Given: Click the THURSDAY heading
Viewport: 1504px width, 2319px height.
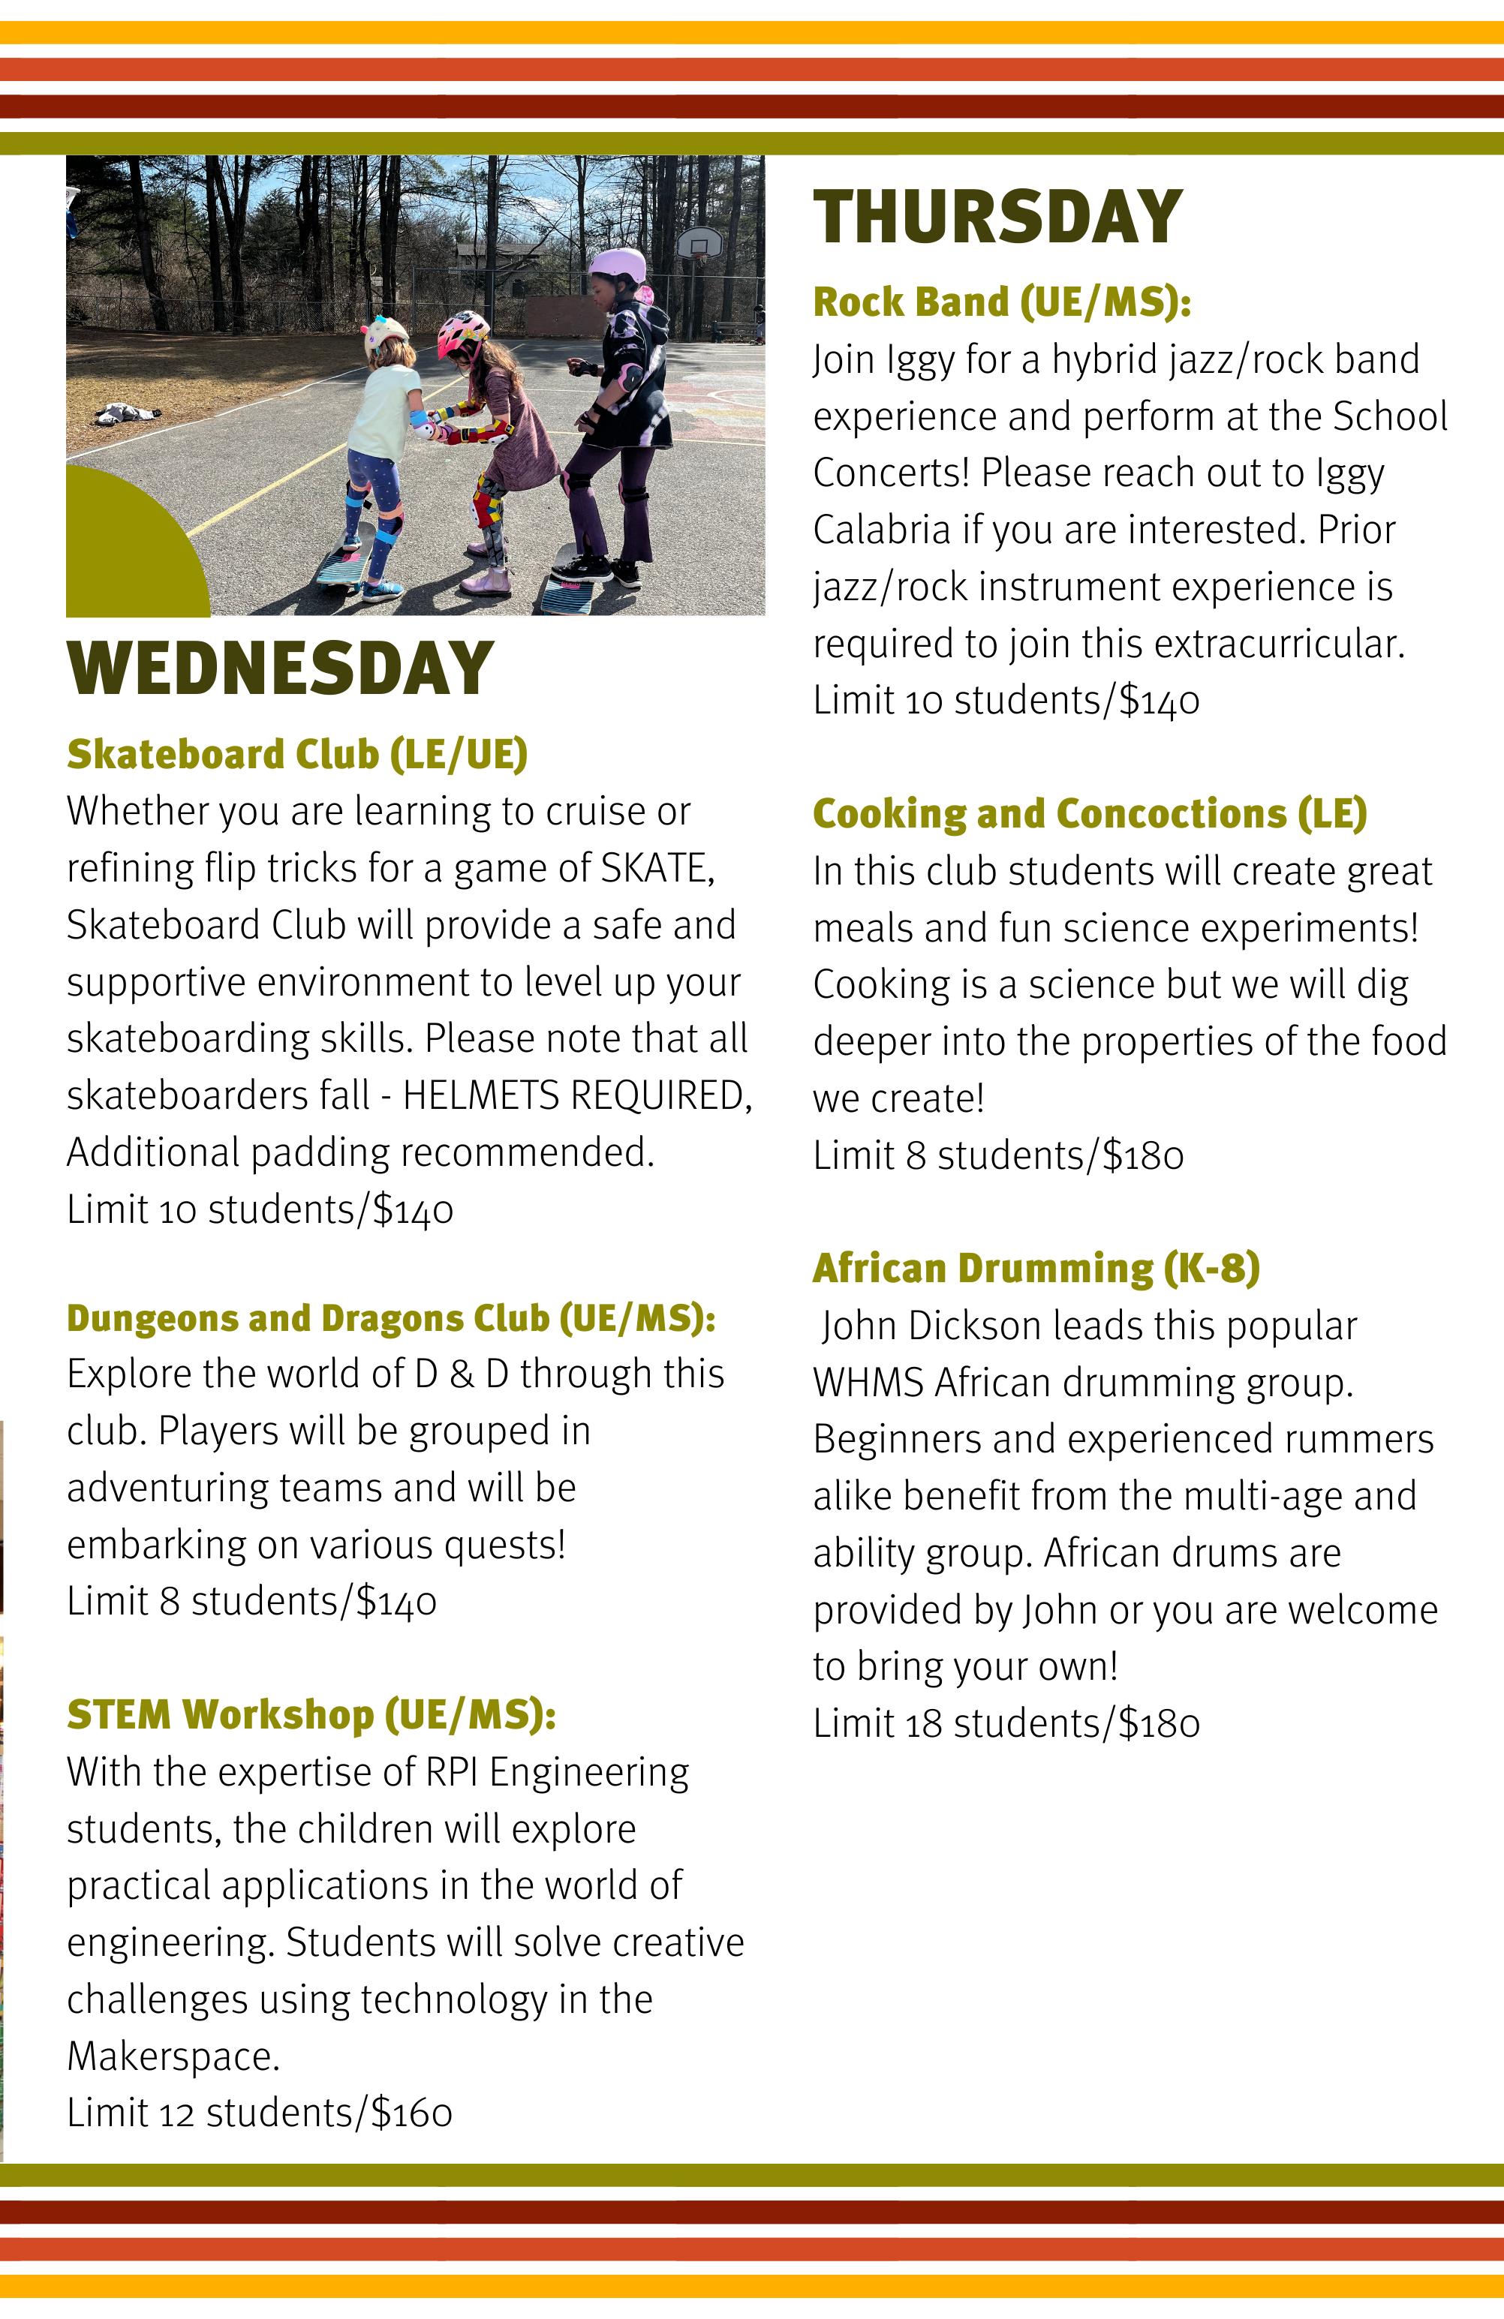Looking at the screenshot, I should click(997, 218).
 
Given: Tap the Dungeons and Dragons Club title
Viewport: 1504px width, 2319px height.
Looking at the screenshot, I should click(391, 1317).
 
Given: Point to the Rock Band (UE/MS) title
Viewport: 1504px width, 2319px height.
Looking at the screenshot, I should click(1001, 302).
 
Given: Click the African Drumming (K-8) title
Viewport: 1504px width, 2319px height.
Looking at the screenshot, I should click(1035, 1268).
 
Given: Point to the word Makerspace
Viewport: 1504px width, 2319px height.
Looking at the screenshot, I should click(173, 2056).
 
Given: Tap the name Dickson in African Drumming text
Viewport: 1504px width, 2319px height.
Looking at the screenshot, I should click(966, 1326).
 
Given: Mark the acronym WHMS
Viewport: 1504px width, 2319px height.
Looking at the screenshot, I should click(868, 1383).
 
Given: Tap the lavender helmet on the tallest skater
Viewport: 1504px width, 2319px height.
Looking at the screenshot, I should click(618, 263).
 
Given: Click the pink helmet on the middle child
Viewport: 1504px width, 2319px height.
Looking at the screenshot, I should click(462, 332).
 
